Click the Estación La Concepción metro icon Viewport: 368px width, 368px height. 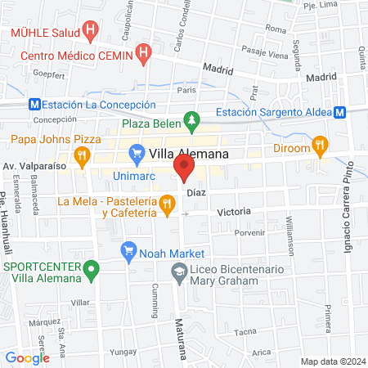coord(34,105)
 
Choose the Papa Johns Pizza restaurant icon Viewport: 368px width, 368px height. coord(81,154)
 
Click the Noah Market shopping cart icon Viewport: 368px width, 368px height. coord(128,251)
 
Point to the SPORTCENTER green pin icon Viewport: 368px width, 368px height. coord(92,267)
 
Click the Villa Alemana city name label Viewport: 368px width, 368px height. coord(193,153)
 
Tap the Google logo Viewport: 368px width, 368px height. coord(28,357)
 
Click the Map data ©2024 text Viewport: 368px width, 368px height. coord(331,361)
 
